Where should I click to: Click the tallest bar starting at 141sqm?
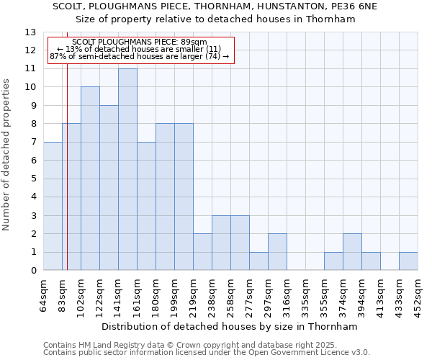tap(127, 169)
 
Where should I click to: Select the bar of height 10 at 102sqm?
tap(90, 179)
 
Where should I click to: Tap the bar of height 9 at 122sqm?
tap(109, 188)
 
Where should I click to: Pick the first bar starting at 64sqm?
tap(53, 206)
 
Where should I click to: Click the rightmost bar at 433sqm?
tap(408, 261)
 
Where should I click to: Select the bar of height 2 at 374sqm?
tap(352, 252)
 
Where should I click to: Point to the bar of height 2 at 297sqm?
tap(277, 252)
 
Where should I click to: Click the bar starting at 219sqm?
tap(202, 252)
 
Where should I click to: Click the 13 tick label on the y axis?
tap(30, 32)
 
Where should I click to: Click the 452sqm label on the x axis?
tap(418, 295)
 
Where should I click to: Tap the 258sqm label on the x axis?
tap(231, 295)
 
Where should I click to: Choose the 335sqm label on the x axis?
tap(306, 295)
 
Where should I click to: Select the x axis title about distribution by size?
tap(230, 326)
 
